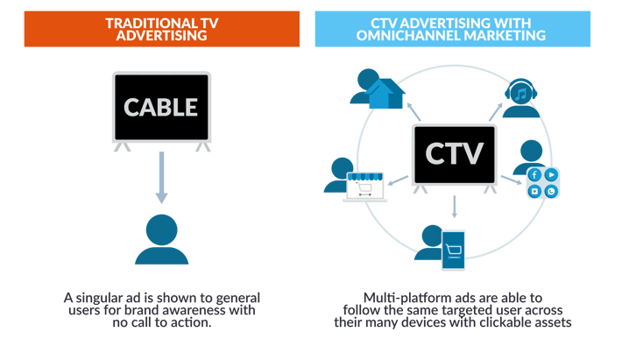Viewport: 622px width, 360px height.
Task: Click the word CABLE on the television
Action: point(161,109)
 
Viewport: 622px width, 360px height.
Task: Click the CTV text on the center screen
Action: point(454,153)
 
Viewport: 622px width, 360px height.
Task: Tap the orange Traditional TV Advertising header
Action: point(161,27)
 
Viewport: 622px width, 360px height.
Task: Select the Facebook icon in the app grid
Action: point(534,174)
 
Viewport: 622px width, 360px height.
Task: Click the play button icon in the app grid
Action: point(550,174)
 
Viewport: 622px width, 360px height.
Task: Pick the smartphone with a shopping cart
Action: point(453,249)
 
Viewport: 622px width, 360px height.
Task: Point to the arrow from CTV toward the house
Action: point(415,113)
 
